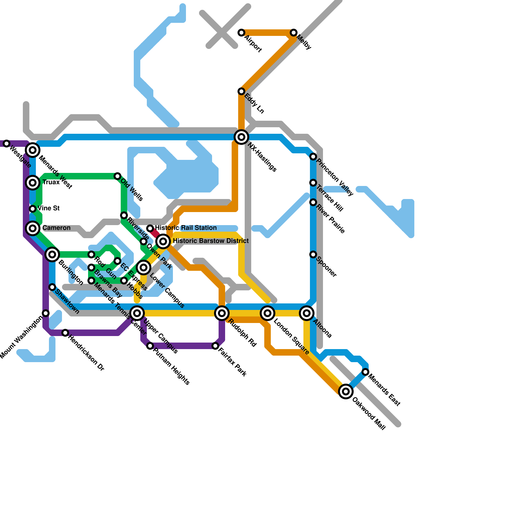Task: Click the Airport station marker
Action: click(241, 33)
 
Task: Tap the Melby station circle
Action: click(294, 33)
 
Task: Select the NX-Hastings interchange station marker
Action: click(241, 137)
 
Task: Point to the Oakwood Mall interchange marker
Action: click(346, 391)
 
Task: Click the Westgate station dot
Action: click(7, 144)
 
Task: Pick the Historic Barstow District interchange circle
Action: click(163, 241)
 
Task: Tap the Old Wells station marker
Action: click(117, 176)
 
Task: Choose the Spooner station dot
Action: click(313, 254)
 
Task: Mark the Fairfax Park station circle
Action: click(215, 346)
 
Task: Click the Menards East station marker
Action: click(365, 372)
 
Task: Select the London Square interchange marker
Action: click(268, 313)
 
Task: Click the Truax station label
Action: click(51, 182)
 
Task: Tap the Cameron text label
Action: click(56, 228)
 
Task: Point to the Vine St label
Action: click(49, 208)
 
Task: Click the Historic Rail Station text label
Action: click(186, 228)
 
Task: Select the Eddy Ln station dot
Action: click(241, 91)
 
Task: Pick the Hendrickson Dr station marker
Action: click(65, 333)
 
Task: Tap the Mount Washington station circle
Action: click(46, 313)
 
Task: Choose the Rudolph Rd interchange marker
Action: click(222, 313)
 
